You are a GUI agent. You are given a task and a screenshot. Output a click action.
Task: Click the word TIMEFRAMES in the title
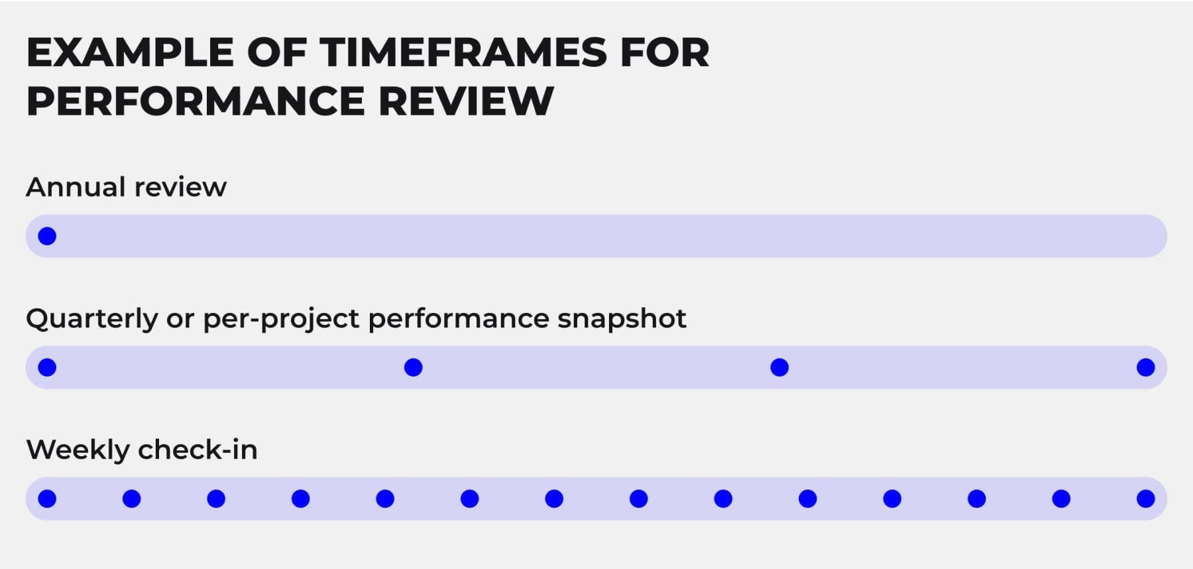coord(463,53)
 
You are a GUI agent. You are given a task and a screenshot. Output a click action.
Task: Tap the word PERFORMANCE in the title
coord(196,101)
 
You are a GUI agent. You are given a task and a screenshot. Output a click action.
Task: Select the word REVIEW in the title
coord(466,101)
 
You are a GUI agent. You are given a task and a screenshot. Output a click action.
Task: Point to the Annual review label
coord(126,187)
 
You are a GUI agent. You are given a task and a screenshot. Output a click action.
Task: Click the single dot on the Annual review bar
coord(47,236)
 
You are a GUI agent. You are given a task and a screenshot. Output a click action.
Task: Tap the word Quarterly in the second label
coord(92,319)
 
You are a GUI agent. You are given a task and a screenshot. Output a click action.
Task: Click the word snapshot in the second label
coord(621,319)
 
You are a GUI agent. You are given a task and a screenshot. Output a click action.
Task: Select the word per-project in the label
coord(281,319)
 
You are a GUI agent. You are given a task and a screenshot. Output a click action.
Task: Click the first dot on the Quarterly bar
coord(47,367)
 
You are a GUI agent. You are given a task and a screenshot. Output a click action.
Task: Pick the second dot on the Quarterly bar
coord(413,367)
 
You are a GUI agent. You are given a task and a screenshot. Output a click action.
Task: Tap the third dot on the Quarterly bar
coord(779,367)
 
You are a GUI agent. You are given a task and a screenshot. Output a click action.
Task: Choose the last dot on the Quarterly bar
coord(1145,367)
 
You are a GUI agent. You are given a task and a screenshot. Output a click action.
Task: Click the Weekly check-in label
coord(142,450)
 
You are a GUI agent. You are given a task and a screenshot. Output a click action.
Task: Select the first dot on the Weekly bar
coord(47,499)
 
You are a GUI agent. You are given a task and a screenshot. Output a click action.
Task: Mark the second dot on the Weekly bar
coord(132,499)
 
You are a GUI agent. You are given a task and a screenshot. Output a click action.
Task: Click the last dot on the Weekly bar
coord(1145,499)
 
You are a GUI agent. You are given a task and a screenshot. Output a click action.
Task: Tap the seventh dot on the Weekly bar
coord(554,499)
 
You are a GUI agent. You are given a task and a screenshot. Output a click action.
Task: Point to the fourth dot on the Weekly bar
coord(300,499)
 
